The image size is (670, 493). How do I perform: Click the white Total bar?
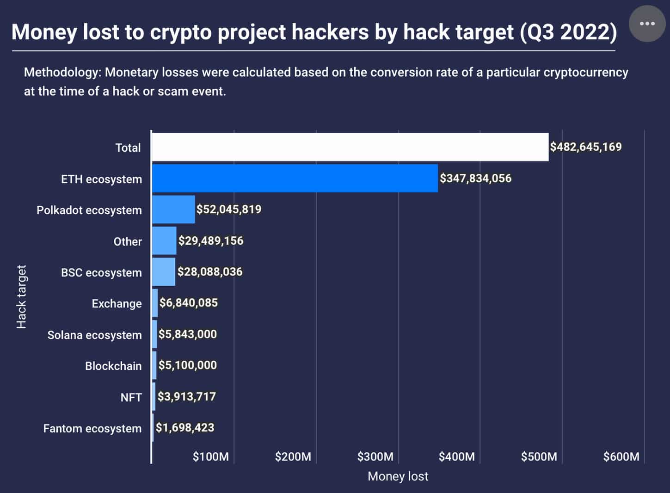[350, 147]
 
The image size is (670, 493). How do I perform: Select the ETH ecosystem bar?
[295, 178]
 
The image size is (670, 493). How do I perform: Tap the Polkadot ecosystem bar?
[173, 210]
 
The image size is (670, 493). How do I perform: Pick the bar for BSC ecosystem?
[164, 272]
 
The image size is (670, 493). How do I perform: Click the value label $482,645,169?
[585, 147]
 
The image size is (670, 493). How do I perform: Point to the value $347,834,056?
[475, 179]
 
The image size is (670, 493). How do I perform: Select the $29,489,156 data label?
[211, 240]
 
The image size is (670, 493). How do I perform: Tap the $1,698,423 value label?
[185, 428]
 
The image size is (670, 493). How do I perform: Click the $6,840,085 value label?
[188, 303]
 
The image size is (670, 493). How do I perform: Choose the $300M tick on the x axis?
[375, 457]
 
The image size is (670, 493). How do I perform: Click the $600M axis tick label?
[621, 457]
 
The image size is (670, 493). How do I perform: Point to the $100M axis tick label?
[210, 457]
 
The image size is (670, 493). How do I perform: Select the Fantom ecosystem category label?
[92, 429]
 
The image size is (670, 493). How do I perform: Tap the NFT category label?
[131, 397]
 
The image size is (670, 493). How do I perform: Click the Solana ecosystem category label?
[94, 335]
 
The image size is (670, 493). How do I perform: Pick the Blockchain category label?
[113, 366]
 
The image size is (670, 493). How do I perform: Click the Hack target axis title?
[21, 296]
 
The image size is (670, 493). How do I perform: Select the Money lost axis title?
[398, 476]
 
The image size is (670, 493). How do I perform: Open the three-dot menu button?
[647, 24]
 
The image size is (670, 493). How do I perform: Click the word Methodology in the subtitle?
[62, 73]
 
